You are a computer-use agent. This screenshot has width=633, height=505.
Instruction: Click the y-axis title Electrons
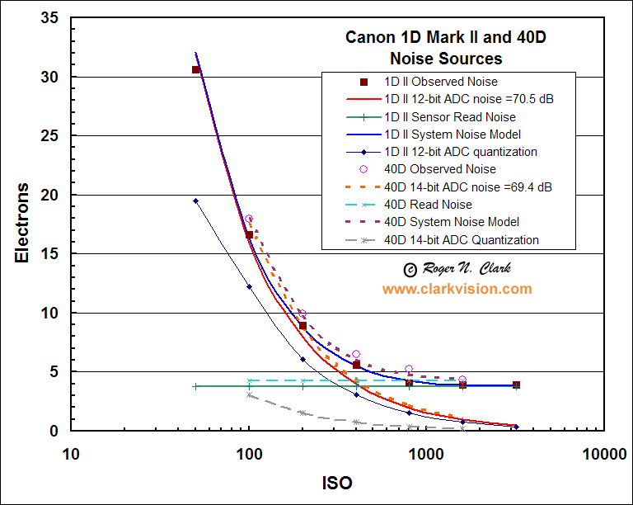click(x=24, y=223)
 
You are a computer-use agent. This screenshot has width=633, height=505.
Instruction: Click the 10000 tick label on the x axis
click(x=602, y=453)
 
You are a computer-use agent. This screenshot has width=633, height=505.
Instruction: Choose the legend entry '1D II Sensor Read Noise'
click(x=450, y=117)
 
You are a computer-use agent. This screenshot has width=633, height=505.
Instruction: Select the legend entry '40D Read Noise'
click(x=428, y=205)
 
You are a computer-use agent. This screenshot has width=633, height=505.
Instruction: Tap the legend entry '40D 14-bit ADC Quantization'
click(x=462, y=240)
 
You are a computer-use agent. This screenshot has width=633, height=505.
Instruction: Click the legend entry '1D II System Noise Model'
click(x=452, y=135)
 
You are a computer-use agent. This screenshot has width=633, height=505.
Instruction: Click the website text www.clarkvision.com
click(x=457, y=289)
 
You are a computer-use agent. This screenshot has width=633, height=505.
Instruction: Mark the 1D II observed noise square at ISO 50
click(x=195, y=69)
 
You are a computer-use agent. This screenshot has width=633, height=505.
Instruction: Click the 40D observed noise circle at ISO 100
click(x=249, y=219)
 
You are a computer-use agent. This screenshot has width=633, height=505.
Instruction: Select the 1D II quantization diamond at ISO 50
click(x=195, y=201)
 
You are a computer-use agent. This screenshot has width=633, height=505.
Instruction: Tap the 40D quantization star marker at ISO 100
click(x=249, y=394)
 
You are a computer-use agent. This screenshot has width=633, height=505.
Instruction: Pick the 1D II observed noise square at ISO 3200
click(x=516, y=385)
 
